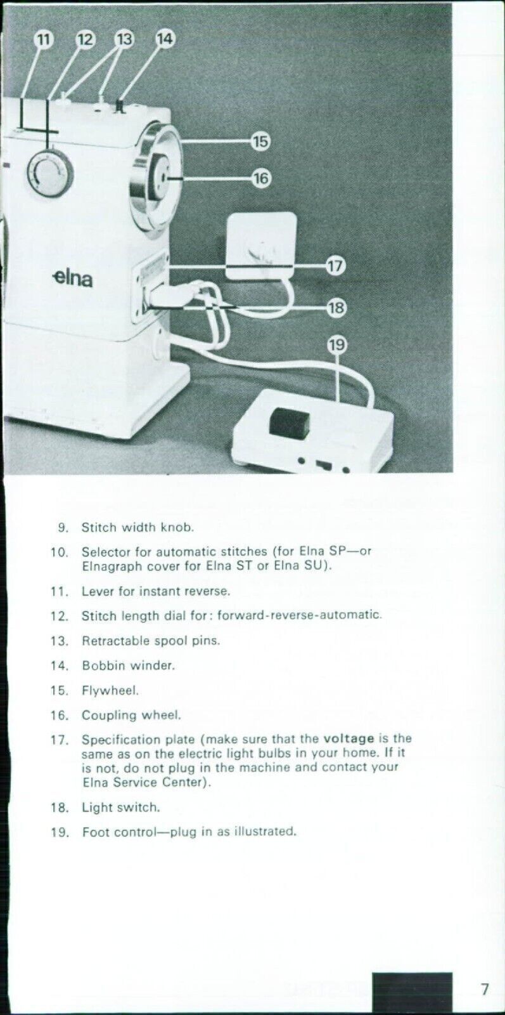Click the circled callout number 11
tap(43, 39)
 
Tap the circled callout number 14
tap(165, 39)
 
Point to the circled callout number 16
tap(261, 178)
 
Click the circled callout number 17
tap(335, 266)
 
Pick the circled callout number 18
tap(335, 308)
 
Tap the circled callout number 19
tap(337, 345)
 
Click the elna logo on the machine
tap(72, 277)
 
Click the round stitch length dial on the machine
tap(49, 172)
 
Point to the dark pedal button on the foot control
tap(288, 423)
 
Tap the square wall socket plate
tap(262, 246)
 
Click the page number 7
tap(485, 988)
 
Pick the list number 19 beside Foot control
tap(59, 832)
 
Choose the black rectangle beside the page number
tap(412, 992)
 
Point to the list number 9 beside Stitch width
tap(62, 527)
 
